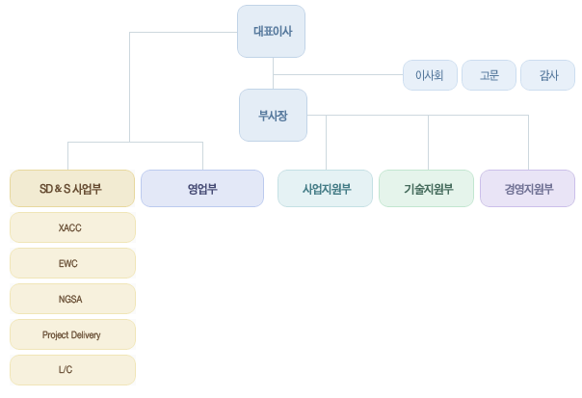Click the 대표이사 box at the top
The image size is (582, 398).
click(x=273, y=31)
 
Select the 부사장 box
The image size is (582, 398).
click(x=273, y=115)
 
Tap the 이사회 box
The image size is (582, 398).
click(x=429, y=75)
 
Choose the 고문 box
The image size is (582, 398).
click(x=489, y=75)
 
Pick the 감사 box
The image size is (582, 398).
click(x=547, y=75)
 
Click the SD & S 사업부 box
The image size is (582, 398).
click(x=72, y=188)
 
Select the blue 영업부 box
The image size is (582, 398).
click(x=202, y=188)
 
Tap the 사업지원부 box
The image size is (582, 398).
click(x=326, y=188)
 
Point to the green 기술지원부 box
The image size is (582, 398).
click(x=427, y=188)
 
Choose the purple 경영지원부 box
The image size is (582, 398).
click(x=527, y=188)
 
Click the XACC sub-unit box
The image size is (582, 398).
click(x=72, y=227)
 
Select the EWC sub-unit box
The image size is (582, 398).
click(x=72, y=263)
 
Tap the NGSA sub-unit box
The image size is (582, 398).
click(x=72, y=299)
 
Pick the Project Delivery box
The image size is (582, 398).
click(x=72, y=334)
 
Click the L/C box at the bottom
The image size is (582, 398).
click(x=72, y=370)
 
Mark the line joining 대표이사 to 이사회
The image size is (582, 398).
click(x=337, y=74)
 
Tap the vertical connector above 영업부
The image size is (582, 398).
click(x=202, y=155)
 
